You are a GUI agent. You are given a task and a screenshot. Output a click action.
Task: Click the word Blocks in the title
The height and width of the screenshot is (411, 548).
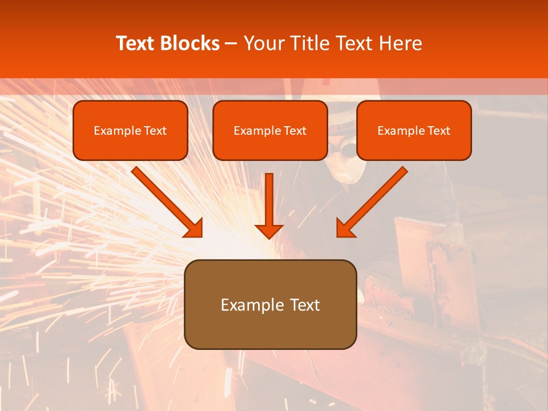[191, 43]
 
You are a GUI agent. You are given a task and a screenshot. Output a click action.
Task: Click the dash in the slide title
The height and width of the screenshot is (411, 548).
[231, 44]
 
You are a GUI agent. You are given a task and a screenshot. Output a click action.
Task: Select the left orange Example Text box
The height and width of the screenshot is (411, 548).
[130, 131]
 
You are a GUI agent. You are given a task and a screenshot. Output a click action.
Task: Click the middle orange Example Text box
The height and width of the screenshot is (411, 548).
[270, 131]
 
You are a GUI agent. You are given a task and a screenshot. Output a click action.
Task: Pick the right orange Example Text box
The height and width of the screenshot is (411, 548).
[414, 131]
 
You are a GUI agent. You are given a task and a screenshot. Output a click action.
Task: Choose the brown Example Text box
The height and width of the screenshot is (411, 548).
[270, 304]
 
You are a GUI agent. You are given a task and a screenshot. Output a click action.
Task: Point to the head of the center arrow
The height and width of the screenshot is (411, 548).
[269, 231]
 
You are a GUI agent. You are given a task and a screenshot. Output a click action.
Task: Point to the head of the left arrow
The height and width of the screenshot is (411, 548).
[194, 228]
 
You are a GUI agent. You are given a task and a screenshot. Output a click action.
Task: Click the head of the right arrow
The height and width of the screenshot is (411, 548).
[345, 228]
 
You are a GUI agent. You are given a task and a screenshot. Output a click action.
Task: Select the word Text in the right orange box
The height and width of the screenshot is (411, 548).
[439, 131]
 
